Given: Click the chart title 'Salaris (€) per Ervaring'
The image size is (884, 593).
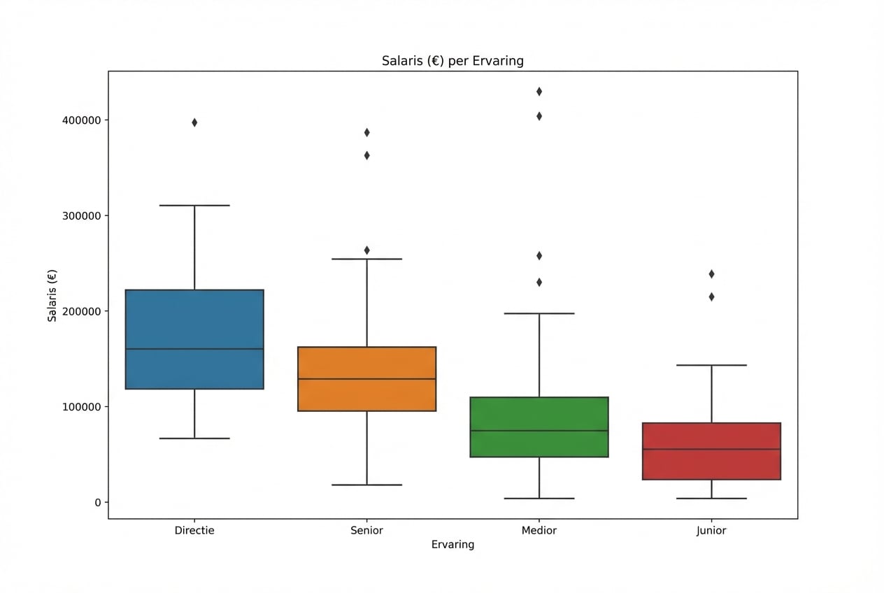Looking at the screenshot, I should (452, 61).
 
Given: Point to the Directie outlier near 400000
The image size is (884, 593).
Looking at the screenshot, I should (194, 122).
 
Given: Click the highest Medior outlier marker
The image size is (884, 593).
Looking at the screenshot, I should (539, 92).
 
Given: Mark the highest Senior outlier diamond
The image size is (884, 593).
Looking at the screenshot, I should (366, 132).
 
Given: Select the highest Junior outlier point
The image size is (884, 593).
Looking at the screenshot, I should (711, 273).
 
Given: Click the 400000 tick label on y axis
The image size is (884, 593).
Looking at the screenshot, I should (78, 120).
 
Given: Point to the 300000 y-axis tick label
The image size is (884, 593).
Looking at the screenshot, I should (78, 215).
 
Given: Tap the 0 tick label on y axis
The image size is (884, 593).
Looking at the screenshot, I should (97, 502).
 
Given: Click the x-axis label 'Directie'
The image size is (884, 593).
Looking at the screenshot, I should (194, 531).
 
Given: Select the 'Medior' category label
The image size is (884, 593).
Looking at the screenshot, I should (539, 531).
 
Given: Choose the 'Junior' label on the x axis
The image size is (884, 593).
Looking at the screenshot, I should (711, 531).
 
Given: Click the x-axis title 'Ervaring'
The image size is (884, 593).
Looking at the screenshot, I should (452, 545).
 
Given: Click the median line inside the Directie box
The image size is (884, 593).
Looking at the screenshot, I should (194, 349).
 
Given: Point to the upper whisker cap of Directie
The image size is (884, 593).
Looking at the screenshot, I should (194, 206).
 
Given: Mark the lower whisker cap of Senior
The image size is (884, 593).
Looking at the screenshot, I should (366, 485).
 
